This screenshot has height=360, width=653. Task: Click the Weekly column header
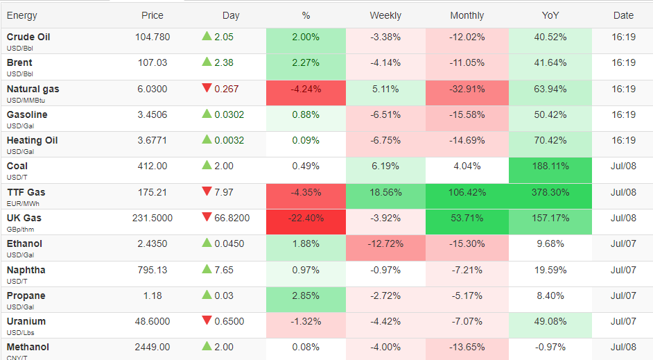385,15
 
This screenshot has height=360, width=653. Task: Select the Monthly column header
467,15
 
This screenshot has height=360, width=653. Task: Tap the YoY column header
550,15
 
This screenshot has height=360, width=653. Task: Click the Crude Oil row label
28,37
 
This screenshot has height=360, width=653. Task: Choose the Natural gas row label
33,89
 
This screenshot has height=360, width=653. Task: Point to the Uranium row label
26,322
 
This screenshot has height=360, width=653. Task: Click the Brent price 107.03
153,63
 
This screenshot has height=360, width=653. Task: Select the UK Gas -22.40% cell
306,222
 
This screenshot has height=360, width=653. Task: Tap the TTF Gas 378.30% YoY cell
550,196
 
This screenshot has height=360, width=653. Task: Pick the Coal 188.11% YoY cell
550,170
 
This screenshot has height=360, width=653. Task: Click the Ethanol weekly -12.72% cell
385,248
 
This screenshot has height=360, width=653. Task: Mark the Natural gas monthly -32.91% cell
467,93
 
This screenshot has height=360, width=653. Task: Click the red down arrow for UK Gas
207,217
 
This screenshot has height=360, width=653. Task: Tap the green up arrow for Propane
207,295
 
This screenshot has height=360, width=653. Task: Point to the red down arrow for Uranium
207,320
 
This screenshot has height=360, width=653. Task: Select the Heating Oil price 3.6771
153,140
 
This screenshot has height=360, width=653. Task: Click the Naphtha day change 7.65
224,270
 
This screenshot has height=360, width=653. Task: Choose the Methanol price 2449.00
153,347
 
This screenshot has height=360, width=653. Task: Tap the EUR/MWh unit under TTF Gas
23,204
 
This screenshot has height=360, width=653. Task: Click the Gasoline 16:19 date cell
623,114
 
